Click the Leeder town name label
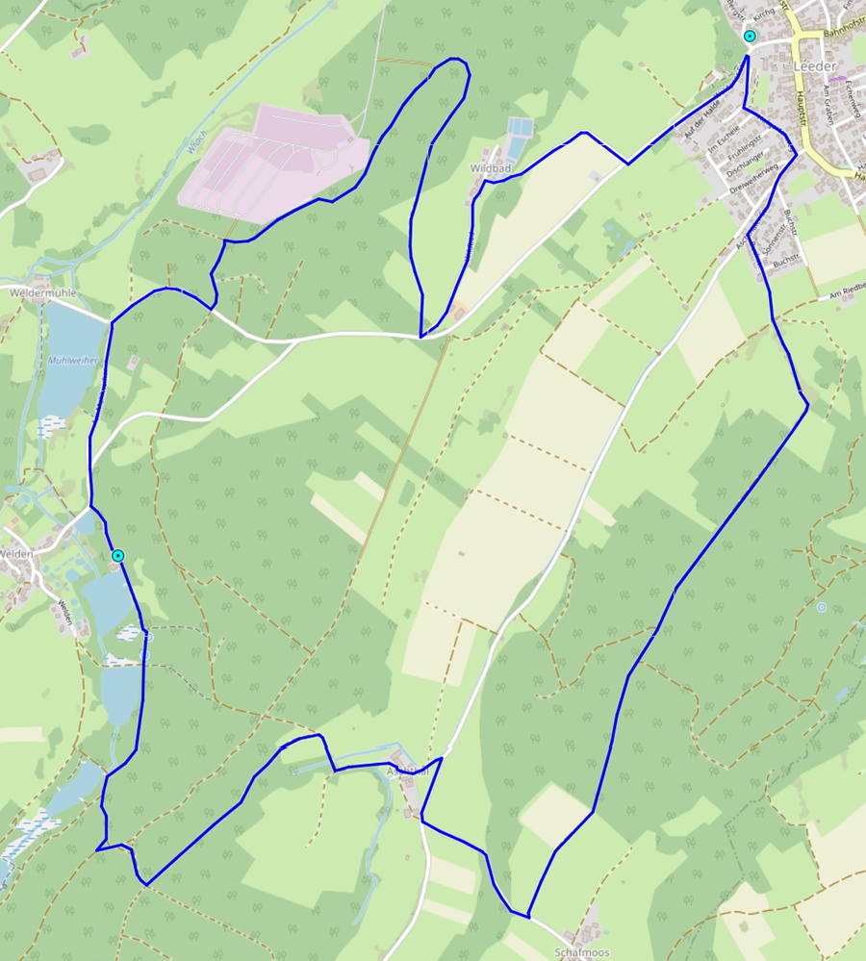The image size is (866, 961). (x=815, y=65)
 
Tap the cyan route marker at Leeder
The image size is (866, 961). (x=750, y=37)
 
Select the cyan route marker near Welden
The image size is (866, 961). (x=117, y=556)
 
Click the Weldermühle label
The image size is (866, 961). (x=42, y=291)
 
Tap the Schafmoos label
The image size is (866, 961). (x=582, y=951)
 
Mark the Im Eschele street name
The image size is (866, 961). (x=724, y=139)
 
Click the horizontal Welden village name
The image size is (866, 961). (x=17, y=553)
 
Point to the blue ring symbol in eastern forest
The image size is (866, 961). (x=821, y=608)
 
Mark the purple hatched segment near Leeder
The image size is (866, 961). (x=837, y=78)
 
